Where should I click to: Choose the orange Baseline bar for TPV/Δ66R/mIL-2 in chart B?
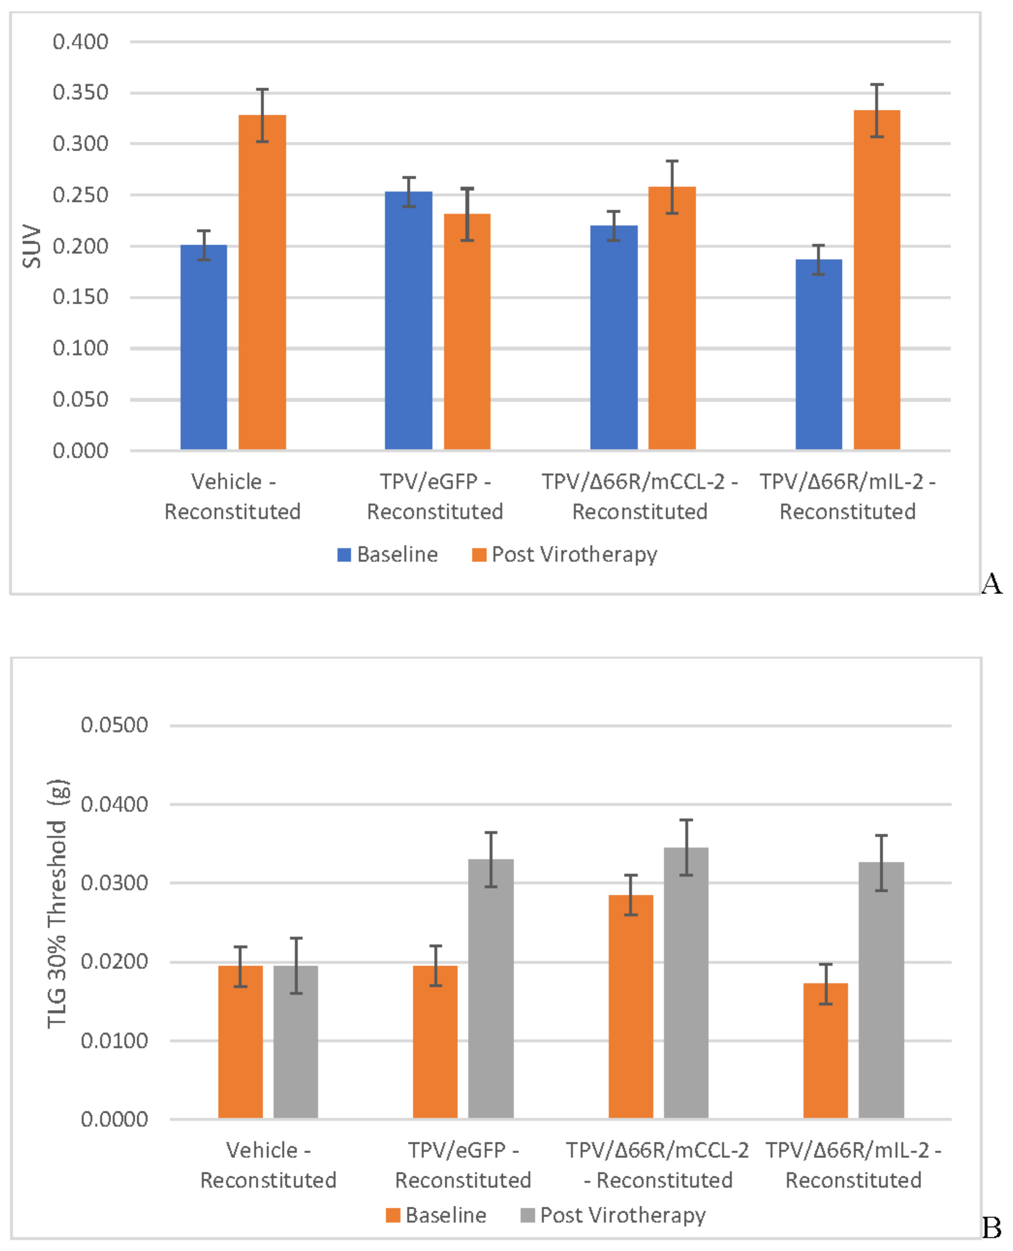(825, 1050)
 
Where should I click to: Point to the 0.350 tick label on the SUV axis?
(80, 92)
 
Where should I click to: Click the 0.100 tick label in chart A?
(80, 348)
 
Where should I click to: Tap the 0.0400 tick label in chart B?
(114, 804)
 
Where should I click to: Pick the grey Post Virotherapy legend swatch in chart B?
(527, 1215)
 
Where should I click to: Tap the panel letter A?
(991, 583)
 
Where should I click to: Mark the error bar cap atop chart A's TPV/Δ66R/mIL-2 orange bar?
(876, 85)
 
